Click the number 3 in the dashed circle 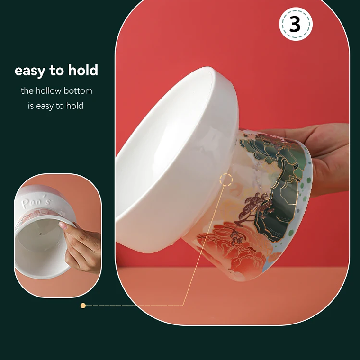coord(295,24)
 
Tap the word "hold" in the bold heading coord(83,71)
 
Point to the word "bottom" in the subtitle coord(80,90)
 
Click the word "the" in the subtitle coord(27,90)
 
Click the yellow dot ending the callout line coord(83,306)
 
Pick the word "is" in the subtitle coord(31,106)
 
